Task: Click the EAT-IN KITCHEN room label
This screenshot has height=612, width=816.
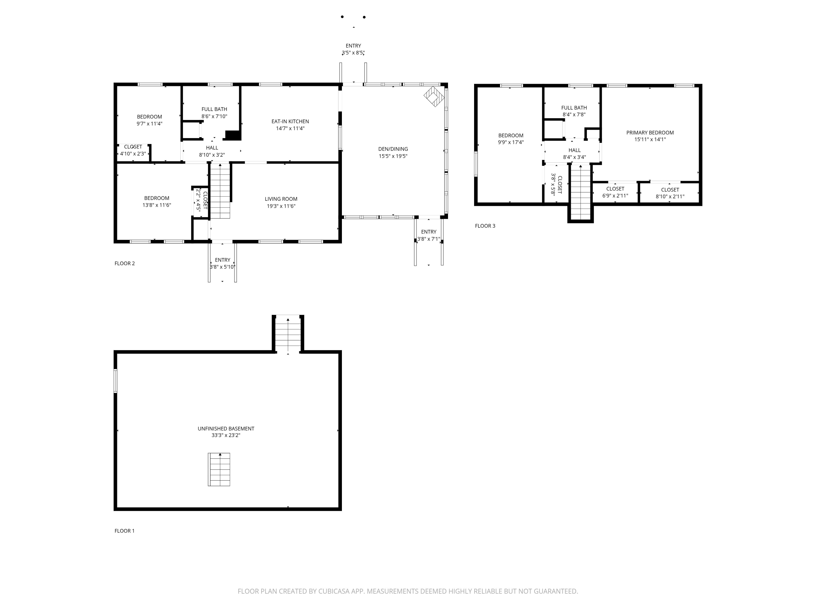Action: (x=290, y=121)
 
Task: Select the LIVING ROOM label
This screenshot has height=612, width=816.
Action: (x=281, y=199)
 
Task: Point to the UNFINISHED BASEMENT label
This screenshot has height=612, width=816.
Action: (x=226, y=429)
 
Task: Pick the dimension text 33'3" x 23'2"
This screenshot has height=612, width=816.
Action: (x=226, y=435)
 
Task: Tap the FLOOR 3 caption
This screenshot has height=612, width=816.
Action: (x=485, y=226)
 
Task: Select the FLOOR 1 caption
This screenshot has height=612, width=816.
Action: (x=125, y=531)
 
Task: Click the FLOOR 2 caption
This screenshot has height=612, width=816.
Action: (x=125, y=263)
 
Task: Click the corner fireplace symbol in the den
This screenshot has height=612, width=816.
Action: (x=434, y=97)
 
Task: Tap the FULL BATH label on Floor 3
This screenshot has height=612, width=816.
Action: (x=574, y=108)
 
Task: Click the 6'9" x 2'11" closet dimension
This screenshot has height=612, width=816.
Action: (x=615, y=196)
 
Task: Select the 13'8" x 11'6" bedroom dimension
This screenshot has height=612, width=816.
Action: (x=157, y=205)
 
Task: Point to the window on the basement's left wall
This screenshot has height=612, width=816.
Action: (x=116, y=381)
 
